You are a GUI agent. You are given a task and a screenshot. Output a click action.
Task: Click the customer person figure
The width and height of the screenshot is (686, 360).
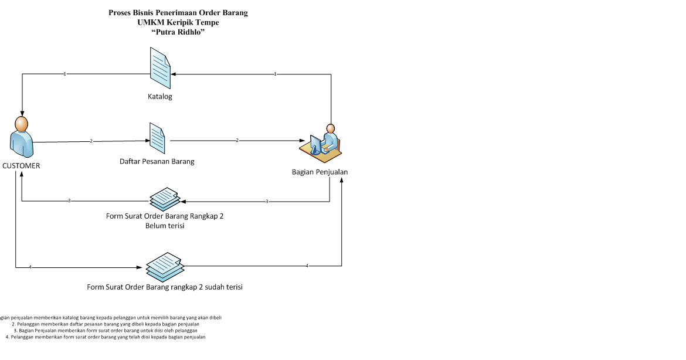(21, 137)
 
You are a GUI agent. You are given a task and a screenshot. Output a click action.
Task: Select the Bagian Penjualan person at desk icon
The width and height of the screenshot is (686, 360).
(322, 142)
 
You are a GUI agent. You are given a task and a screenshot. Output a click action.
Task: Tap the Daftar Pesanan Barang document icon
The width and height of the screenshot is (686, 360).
(157, 137)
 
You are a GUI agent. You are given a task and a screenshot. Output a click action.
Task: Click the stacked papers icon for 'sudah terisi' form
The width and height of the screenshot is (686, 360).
(164, 266)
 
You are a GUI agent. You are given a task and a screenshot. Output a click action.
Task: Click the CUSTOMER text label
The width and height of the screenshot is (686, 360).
(21, 166)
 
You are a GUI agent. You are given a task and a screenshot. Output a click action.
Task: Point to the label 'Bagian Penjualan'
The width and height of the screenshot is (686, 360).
(320, 172)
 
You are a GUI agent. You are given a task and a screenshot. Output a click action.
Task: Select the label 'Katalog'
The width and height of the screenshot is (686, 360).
(159, 96)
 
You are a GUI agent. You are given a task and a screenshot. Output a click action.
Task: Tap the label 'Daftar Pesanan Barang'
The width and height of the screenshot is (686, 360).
(157, 161)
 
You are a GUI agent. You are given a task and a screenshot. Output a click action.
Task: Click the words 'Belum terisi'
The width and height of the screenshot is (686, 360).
(165, 226)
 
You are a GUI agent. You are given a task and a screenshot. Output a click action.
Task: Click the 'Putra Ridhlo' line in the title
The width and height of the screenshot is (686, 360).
(178, 32)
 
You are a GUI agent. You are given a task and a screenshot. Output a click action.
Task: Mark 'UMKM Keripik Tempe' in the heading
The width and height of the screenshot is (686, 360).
(178, 22)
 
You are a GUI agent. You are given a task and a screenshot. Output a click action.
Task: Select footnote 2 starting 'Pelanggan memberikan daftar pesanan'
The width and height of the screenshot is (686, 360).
(106, 324)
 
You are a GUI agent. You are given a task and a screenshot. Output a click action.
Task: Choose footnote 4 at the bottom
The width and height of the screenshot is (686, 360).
(106, 337)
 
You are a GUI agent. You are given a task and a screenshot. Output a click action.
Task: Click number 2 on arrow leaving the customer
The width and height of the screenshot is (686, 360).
(91, 141)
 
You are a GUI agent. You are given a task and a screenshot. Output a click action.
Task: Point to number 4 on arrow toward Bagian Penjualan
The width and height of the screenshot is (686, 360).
(307, 266)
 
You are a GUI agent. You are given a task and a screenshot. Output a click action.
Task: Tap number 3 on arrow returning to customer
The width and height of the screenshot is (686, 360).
(69, 201)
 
